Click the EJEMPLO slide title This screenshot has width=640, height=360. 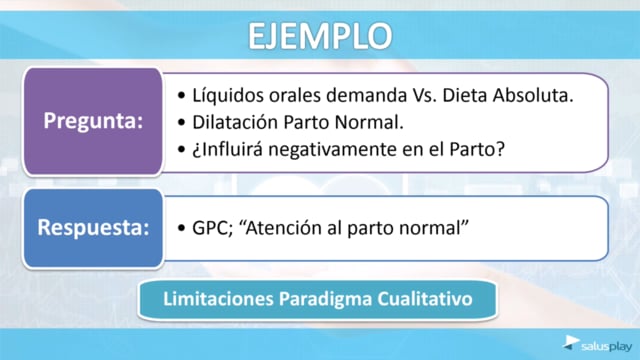(320, 36)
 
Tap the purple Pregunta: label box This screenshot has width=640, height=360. (93, 121)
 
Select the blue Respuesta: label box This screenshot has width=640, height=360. (93, 228)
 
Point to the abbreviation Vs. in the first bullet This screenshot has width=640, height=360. (424, 96)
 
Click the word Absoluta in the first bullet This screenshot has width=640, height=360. (533, 96)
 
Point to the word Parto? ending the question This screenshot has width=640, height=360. (477, 149)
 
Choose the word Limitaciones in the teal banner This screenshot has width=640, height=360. (218, 299)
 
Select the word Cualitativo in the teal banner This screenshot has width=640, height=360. (424, 299)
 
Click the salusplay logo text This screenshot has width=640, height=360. (606, 347)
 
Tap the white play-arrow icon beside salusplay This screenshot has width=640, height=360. (571, 342)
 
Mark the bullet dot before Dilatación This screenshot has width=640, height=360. (181, 123)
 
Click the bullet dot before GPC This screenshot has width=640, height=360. (181, 228)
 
